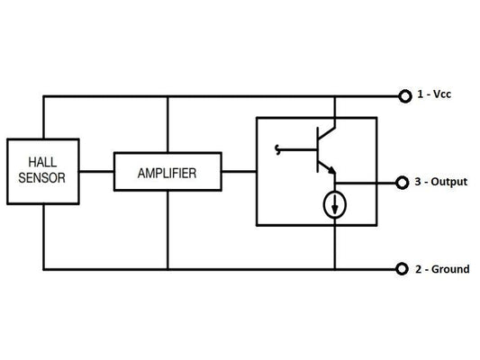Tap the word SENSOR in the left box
coord(41,177)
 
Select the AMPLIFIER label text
coord(168,171)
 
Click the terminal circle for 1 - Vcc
coord(403,94)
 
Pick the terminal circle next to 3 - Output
coord(403,182)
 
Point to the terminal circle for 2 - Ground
coord(403,268)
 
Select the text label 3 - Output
coord(441,182)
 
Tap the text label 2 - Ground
coord(442,268)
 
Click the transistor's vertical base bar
coord(316,148)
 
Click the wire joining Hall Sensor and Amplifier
coord(96,171)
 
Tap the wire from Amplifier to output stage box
coord(239,171)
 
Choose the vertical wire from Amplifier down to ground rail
coord(168,229)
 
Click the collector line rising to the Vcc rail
coord(335,112)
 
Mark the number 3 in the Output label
coord(419,182)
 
